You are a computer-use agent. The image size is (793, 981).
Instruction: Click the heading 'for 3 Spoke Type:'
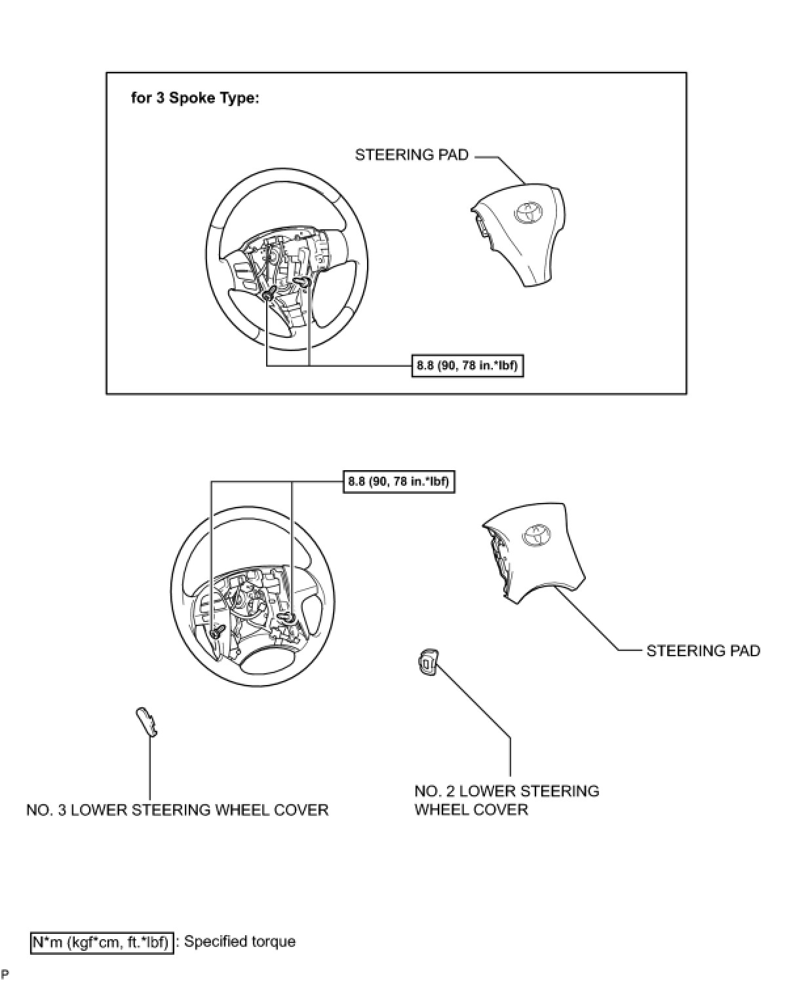195,99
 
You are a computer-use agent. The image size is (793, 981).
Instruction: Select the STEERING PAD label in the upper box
412,155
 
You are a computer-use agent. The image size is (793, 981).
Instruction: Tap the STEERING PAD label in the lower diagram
703,651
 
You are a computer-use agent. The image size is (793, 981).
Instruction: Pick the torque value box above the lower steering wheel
398,482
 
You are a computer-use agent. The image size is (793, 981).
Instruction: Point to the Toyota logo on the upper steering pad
528,212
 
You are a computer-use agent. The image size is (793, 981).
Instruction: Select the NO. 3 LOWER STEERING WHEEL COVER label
177,810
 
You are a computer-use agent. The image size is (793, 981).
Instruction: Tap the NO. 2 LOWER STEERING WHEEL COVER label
506,800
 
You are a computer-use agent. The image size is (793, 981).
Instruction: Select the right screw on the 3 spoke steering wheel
303,282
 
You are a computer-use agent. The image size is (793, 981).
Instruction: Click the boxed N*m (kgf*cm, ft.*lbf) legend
102,943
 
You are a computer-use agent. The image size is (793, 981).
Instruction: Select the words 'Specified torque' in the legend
240,942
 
